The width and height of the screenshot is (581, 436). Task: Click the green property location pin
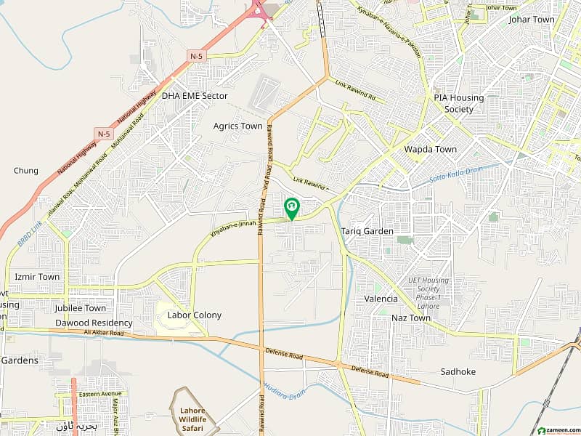291,209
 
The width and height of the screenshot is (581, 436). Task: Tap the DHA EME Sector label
195,96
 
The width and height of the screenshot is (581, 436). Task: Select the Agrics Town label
237,126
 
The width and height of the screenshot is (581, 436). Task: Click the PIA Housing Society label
453,103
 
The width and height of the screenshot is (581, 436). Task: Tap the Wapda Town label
431,150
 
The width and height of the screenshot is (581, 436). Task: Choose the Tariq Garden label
367,232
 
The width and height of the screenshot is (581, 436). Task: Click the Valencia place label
381,299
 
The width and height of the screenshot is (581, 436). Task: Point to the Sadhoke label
458,371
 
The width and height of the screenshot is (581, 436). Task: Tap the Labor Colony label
194,315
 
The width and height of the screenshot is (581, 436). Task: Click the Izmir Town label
37,277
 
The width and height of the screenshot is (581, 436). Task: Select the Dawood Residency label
94,323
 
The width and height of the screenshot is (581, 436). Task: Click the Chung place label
25,171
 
